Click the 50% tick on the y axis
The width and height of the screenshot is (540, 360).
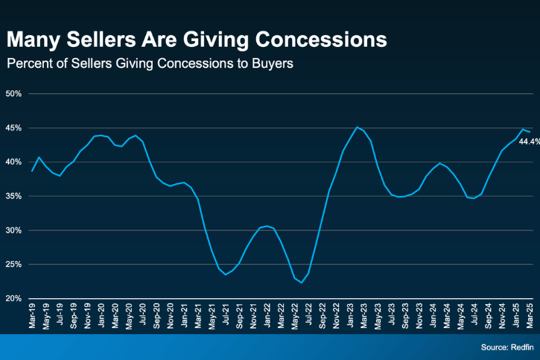point(14,94)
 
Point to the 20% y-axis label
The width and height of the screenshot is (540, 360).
point(14,298)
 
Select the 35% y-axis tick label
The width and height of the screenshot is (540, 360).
point(14,196)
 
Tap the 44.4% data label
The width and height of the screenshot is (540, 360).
point(529,141)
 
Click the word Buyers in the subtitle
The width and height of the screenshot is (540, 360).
point(273,63)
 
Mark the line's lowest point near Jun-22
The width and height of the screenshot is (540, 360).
point(302,282)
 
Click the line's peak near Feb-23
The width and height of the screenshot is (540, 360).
point(357,127)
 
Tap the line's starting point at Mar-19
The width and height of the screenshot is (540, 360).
point(32,171)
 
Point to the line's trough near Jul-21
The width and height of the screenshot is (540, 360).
point(226,274)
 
